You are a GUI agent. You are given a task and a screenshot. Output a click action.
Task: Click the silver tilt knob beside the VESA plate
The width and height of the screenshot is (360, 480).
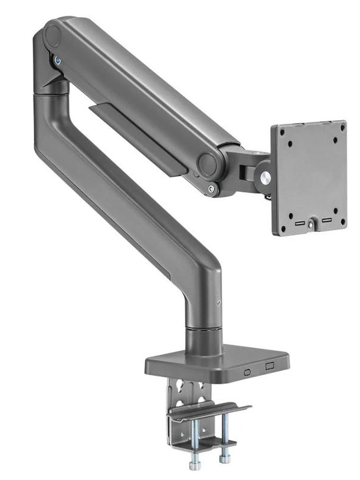tap(266, 177)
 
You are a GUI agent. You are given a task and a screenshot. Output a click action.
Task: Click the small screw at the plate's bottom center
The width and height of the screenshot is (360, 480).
tap(311, 226)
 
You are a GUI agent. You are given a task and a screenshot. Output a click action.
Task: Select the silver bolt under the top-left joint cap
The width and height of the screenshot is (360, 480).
tap(58, 60)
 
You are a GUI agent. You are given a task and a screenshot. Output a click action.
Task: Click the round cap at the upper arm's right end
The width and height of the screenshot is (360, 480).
tap(207, 164)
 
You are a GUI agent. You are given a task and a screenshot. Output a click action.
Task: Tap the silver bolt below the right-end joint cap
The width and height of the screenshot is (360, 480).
tap(211, 189)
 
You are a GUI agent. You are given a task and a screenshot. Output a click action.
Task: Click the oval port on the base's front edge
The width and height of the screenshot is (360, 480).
tap(247, 372)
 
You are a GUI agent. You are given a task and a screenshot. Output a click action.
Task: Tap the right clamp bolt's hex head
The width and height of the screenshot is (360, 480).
tap(224, 459)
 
